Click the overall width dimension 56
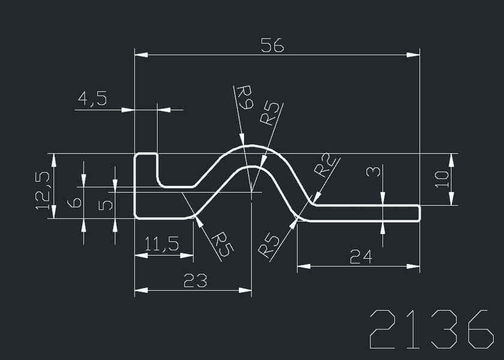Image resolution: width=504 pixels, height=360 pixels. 272,46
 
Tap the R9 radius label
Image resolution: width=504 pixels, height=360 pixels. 244,98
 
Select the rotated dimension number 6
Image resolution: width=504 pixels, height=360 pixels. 74,203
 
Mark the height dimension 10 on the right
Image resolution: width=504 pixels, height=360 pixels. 442,179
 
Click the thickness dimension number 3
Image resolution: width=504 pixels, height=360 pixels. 373,172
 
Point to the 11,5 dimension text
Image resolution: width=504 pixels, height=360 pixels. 161,245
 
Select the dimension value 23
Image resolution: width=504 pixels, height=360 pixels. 196,280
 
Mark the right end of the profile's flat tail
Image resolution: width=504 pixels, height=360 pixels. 419,213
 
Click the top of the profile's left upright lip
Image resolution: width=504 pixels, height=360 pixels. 146,154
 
